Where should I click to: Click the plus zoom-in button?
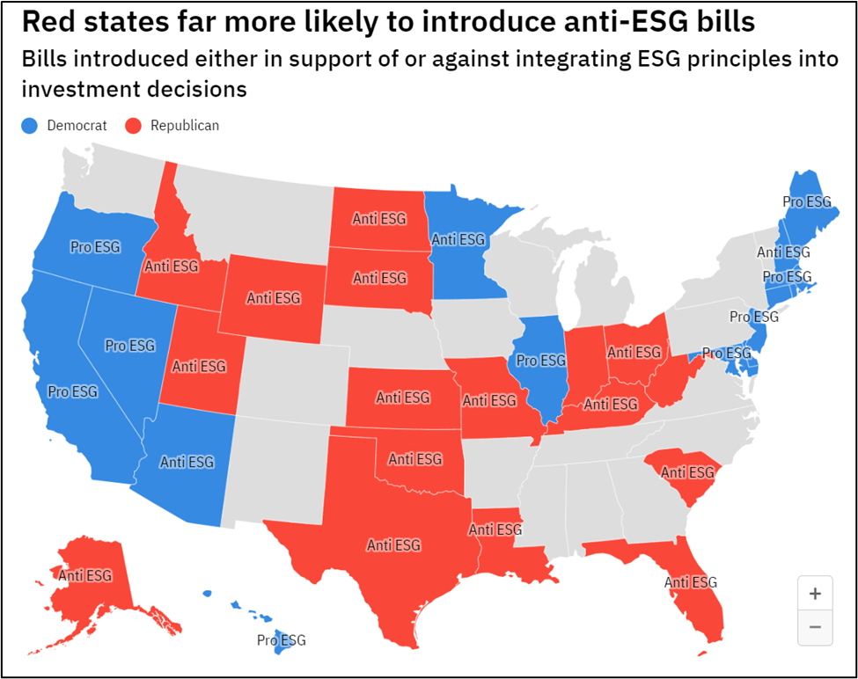pos(814,594)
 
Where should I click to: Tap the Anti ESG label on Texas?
pos(393,545)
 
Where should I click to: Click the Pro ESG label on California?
pos(72,391)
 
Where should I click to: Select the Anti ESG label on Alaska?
pos(85,576)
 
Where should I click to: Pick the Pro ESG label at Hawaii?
pos(282,640)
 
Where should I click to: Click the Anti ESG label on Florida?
pos(691,582)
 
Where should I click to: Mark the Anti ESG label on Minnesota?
pos(458,239)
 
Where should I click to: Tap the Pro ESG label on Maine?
pos(806,202)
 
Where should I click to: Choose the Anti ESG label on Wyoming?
pos(273,298)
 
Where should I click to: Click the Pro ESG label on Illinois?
pos(540,361)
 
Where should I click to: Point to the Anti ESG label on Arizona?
pos(187,462)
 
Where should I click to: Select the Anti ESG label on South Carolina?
pos(688,473)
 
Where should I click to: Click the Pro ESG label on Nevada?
pos(129,346)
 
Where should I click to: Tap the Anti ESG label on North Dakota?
pos(379,218)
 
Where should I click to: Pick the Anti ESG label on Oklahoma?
pos(415,459)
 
